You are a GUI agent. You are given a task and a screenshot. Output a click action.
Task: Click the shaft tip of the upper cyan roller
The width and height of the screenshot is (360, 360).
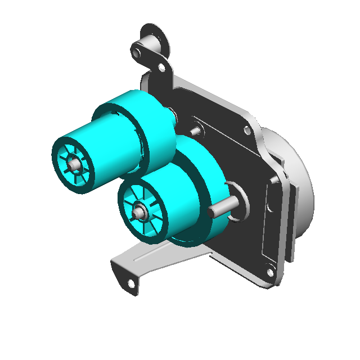point(74,164)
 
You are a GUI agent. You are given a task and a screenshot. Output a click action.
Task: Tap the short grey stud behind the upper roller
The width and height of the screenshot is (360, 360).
point(196,131)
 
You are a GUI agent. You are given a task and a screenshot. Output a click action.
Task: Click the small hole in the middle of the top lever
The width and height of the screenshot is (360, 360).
point(161,67)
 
